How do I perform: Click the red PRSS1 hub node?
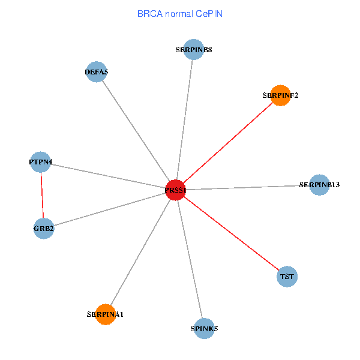175,190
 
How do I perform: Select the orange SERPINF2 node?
280,95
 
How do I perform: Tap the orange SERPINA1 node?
105,314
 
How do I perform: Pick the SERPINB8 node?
194,50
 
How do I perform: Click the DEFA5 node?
97,73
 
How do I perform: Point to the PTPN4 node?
40,162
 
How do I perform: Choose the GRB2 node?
44,229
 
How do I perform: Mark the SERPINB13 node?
319,185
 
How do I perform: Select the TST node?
287,277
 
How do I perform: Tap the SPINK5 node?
204,328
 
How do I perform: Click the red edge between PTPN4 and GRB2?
42,195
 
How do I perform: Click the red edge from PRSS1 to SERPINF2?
228,143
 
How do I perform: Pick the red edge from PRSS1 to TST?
231,234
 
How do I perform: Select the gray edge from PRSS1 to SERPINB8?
185,120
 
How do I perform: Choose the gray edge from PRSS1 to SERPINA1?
140,252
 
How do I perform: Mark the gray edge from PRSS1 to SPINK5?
190,259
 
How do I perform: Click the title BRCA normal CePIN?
180,13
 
